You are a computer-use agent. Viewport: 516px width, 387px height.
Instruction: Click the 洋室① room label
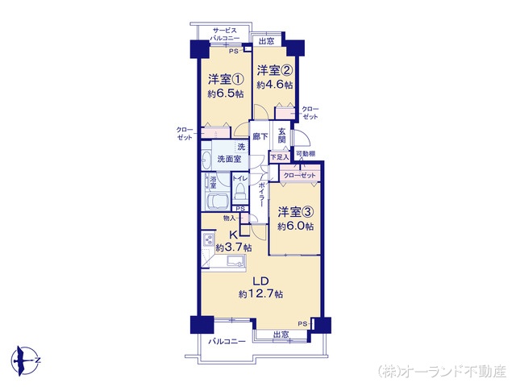pos(227,79)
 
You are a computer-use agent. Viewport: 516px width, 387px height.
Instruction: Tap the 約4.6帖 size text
pos(274,84)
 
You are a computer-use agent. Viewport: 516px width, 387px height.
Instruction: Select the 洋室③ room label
pos(296,212)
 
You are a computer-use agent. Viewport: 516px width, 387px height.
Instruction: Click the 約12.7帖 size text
pos(260,295)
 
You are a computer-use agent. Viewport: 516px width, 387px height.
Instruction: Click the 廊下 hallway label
pos(259,136)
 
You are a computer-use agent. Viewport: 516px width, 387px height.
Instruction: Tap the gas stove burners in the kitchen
pos(208,240)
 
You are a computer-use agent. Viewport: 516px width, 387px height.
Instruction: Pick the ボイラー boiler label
pos(263,197)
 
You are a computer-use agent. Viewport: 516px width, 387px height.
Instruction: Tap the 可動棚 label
pos(305,154)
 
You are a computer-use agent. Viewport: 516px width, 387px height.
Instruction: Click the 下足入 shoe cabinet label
pos(278,156)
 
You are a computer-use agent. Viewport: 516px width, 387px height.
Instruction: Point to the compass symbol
pos(27,356)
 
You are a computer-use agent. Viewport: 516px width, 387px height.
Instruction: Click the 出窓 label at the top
pos(267,40)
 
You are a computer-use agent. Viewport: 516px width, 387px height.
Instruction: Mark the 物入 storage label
pos(228,218)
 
